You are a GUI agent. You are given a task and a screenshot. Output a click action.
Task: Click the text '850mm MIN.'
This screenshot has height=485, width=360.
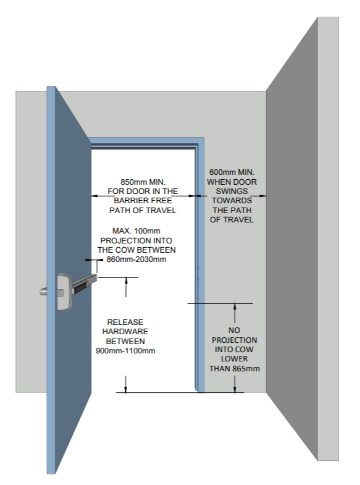(143, 182)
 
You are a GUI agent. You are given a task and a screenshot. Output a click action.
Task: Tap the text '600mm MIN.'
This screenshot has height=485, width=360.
(232, 172)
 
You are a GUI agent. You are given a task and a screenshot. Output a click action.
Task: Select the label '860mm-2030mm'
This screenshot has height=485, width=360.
(136, 259)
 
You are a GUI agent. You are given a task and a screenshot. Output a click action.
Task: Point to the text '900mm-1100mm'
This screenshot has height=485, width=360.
(125, 351)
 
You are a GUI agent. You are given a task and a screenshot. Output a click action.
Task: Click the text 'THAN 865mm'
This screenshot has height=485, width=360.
(235, 369)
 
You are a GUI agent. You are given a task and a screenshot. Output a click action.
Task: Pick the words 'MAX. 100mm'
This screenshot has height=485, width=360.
(136, 230)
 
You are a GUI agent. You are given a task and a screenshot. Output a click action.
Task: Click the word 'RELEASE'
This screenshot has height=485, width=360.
(125, 322)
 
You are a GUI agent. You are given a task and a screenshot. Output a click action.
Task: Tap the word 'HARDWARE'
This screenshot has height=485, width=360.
(125, 332)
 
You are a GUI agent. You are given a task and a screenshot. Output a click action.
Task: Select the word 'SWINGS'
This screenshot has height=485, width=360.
(232, 191)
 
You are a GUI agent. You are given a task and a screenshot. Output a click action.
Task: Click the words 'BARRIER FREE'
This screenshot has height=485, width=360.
(143, 200)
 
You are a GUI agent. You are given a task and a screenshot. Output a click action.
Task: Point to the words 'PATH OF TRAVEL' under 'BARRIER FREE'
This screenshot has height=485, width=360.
(143, 210)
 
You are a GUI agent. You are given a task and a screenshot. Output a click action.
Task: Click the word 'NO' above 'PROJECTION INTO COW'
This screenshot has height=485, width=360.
(234, 331)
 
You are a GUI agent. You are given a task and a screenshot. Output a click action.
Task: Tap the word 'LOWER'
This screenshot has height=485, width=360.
(234, 359)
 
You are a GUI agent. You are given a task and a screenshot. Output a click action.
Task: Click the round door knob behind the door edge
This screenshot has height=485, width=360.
(43, 292)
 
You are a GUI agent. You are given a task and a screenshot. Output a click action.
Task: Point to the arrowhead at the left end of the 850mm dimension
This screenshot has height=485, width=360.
(94, 196)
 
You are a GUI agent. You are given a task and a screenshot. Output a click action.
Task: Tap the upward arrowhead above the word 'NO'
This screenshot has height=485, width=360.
(235, 306)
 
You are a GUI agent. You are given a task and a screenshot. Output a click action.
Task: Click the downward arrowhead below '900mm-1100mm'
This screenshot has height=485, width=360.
(125, 389)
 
